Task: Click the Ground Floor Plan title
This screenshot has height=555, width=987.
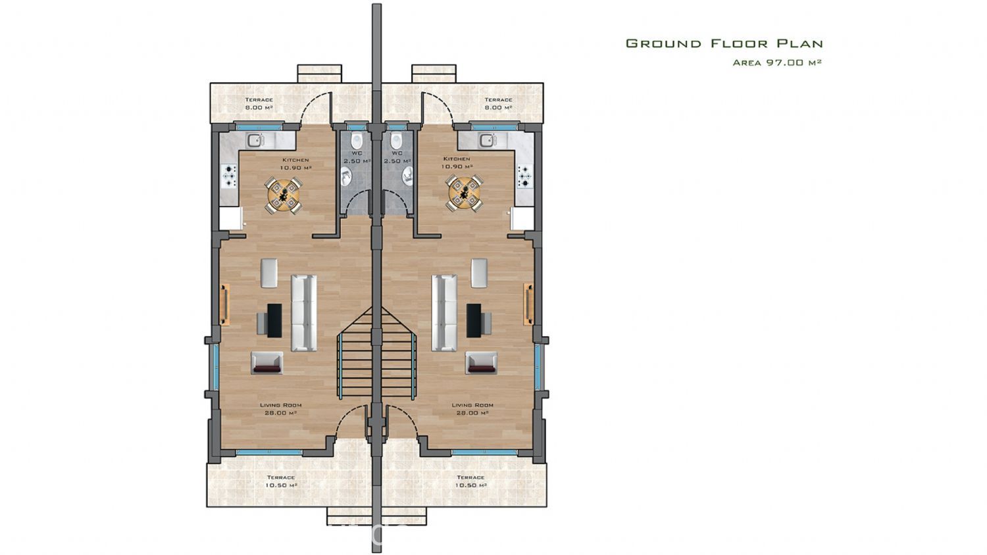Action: point(724,43)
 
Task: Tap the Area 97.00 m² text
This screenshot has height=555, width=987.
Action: point(777,62)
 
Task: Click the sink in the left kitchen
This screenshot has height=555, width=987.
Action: point(255,140)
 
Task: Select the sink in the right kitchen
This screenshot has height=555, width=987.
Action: point(488,140)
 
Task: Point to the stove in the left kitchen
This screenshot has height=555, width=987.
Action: point(229,176)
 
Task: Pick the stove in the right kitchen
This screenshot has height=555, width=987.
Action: point(525,176)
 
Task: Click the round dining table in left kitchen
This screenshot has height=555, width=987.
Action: point(284,195)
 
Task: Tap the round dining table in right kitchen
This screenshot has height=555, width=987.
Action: point(464,193)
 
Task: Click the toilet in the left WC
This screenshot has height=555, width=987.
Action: point(357,141)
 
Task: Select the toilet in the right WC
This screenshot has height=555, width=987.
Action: point(396,141)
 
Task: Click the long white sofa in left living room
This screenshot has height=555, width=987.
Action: point(303,313)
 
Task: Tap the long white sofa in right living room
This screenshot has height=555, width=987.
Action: point(444,313)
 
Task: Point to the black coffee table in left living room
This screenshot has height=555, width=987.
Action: point(274,320)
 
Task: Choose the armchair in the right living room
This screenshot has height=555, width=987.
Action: point(481,363)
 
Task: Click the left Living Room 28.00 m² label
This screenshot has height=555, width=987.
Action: point(280,409)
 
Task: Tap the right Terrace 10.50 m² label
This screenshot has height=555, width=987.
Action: point(470,481)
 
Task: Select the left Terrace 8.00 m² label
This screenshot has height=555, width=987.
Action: point(259,103)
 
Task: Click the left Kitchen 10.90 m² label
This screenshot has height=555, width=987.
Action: point(295,164)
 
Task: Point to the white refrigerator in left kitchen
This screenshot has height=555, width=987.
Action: point(231,219)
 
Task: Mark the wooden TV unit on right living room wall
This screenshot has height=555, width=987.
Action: point(528,304)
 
